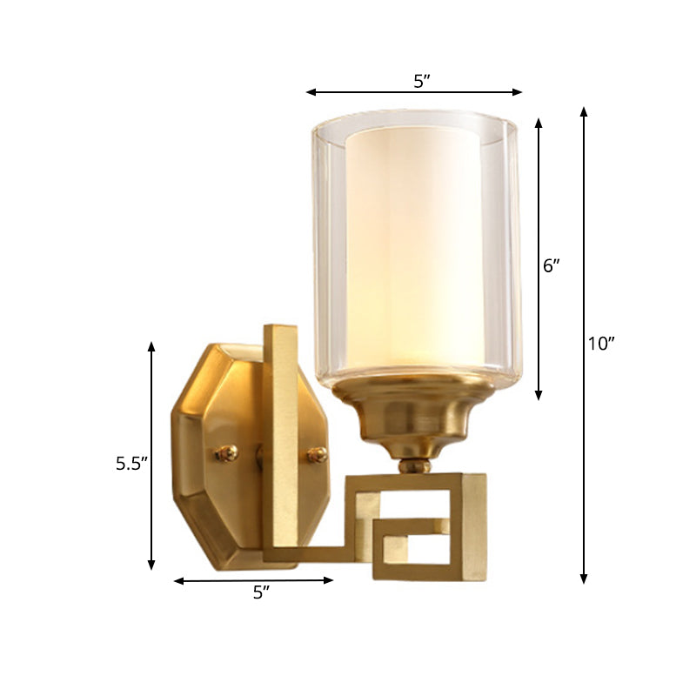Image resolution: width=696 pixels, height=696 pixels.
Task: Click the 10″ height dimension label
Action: [x=600, y=344]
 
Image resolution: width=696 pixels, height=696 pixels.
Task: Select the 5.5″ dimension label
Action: [x=133, y=465]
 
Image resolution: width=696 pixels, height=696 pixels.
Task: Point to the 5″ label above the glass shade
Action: [x=422, y=82]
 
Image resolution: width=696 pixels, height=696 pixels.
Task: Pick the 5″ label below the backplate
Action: [x=261, y=593]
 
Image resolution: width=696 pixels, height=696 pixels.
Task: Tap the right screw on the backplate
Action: [x=318, y=453]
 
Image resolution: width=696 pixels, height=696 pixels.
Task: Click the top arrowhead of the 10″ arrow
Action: [x=584, y=110]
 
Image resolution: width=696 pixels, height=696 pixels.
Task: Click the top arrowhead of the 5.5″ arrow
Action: [x=151, y=346]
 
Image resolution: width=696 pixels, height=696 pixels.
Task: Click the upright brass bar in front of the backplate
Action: [x=280, y=435]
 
